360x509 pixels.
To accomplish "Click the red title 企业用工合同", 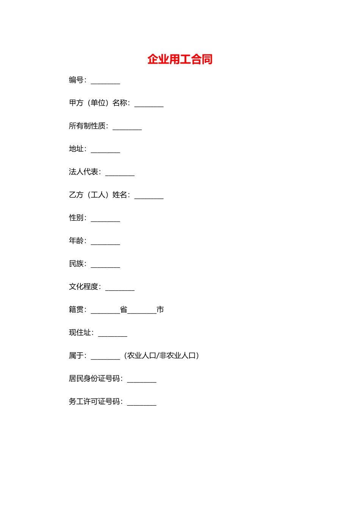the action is coord(180,59).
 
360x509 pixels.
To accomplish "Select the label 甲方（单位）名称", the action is coord(99,103).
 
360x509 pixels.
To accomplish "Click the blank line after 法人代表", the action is coord(120,174).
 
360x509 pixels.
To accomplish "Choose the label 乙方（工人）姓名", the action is coord(99,195).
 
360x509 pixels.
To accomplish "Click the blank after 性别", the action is coord(105,220).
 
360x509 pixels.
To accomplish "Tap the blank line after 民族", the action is coord(105,265).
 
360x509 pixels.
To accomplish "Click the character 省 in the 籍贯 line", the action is coord(124,310).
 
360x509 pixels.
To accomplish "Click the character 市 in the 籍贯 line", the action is coord(160,310).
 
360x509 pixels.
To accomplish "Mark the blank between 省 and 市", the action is coord(142,312).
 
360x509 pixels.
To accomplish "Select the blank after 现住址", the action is coord(113,334).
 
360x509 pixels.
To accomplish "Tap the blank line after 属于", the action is coord(105,358).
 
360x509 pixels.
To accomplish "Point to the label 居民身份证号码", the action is coord(94,378).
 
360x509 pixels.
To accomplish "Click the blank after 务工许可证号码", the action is coord(142,403).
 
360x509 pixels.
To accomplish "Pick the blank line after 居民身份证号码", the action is coord(142,381).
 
